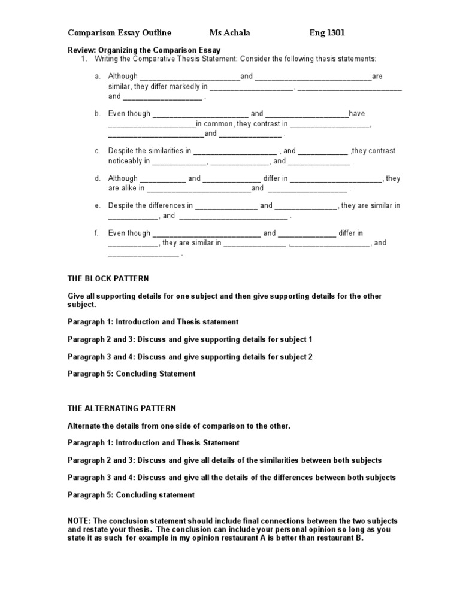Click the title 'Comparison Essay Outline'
(x=119, y=32)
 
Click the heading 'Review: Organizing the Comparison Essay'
(x=144, y=50)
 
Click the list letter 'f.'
(x=98, y=233)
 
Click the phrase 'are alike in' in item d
(x=126, y=188)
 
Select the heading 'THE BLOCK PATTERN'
(x=108, y=279)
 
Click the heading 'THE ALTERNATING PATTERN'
(x=122, y=408)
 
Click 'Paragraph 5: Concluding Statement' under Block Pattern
(x=131, y=374)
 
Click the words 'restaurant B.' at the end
(x=339, y=538)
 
